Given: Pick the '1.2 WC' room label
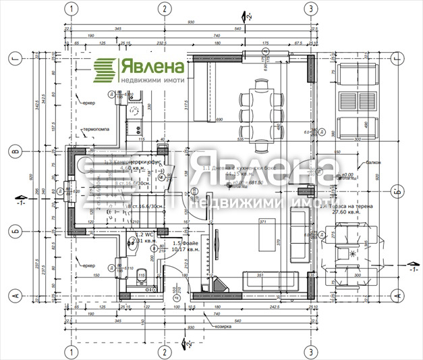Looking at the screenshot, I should [140, 233].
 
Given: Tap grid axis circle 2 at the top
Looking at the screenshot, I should [163, 8].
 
